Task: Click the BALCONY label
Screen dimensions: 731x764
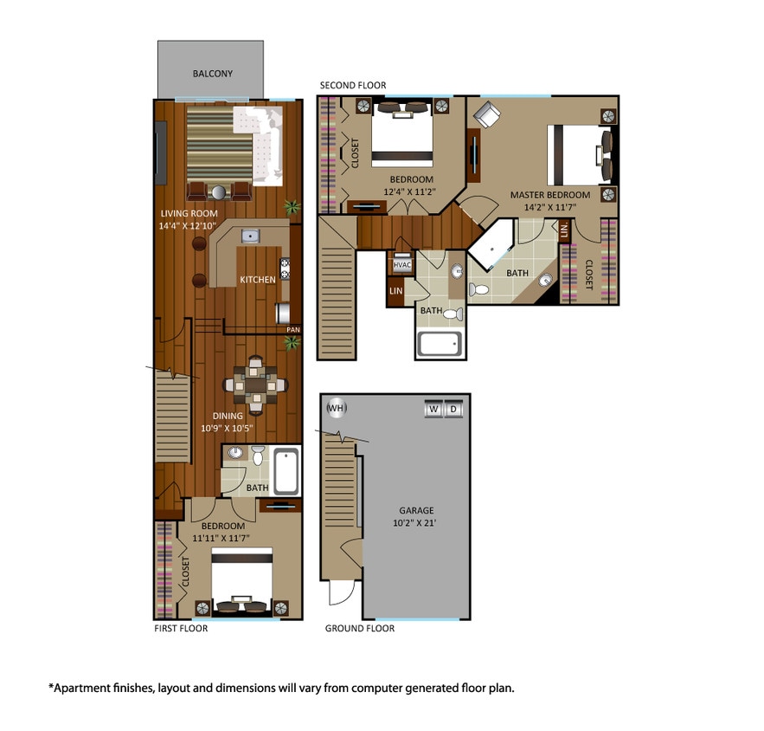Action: [x=211, y=74]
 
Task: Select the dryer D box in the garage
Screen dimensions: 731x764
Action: [x=453, y=409]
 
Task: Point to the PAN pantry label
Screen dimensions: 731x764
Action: [x=293, y=330]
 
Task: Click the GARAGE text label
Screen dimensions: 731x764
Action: [x=416, y=510]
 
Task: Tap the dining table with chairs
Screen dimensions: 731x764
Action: [x=256, y=383]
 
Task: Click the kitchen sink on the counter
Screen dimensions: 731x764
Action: [x=249, y=235]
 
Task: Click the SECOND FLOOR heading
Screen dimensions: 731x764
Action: [x=353, y=85]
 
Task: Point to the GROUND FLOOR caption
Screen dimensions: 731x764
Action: [x=360, y=629]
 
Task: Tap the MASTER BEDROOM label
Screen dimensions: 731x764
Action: [x=549, y=195]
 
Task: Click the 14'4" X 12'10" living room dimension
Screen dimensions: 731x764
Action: [x=189, y=225]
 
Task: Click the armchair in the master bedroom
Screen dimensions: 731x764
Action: [x=486, y=115]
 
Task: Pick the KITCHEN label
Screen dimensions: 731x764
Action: [x=258, y=280]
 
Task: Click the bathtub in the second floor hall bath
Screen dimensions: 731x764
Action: [x=440, y=344]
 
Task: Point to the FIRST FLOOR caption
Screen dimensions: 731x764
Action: [x=181, y=629]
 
